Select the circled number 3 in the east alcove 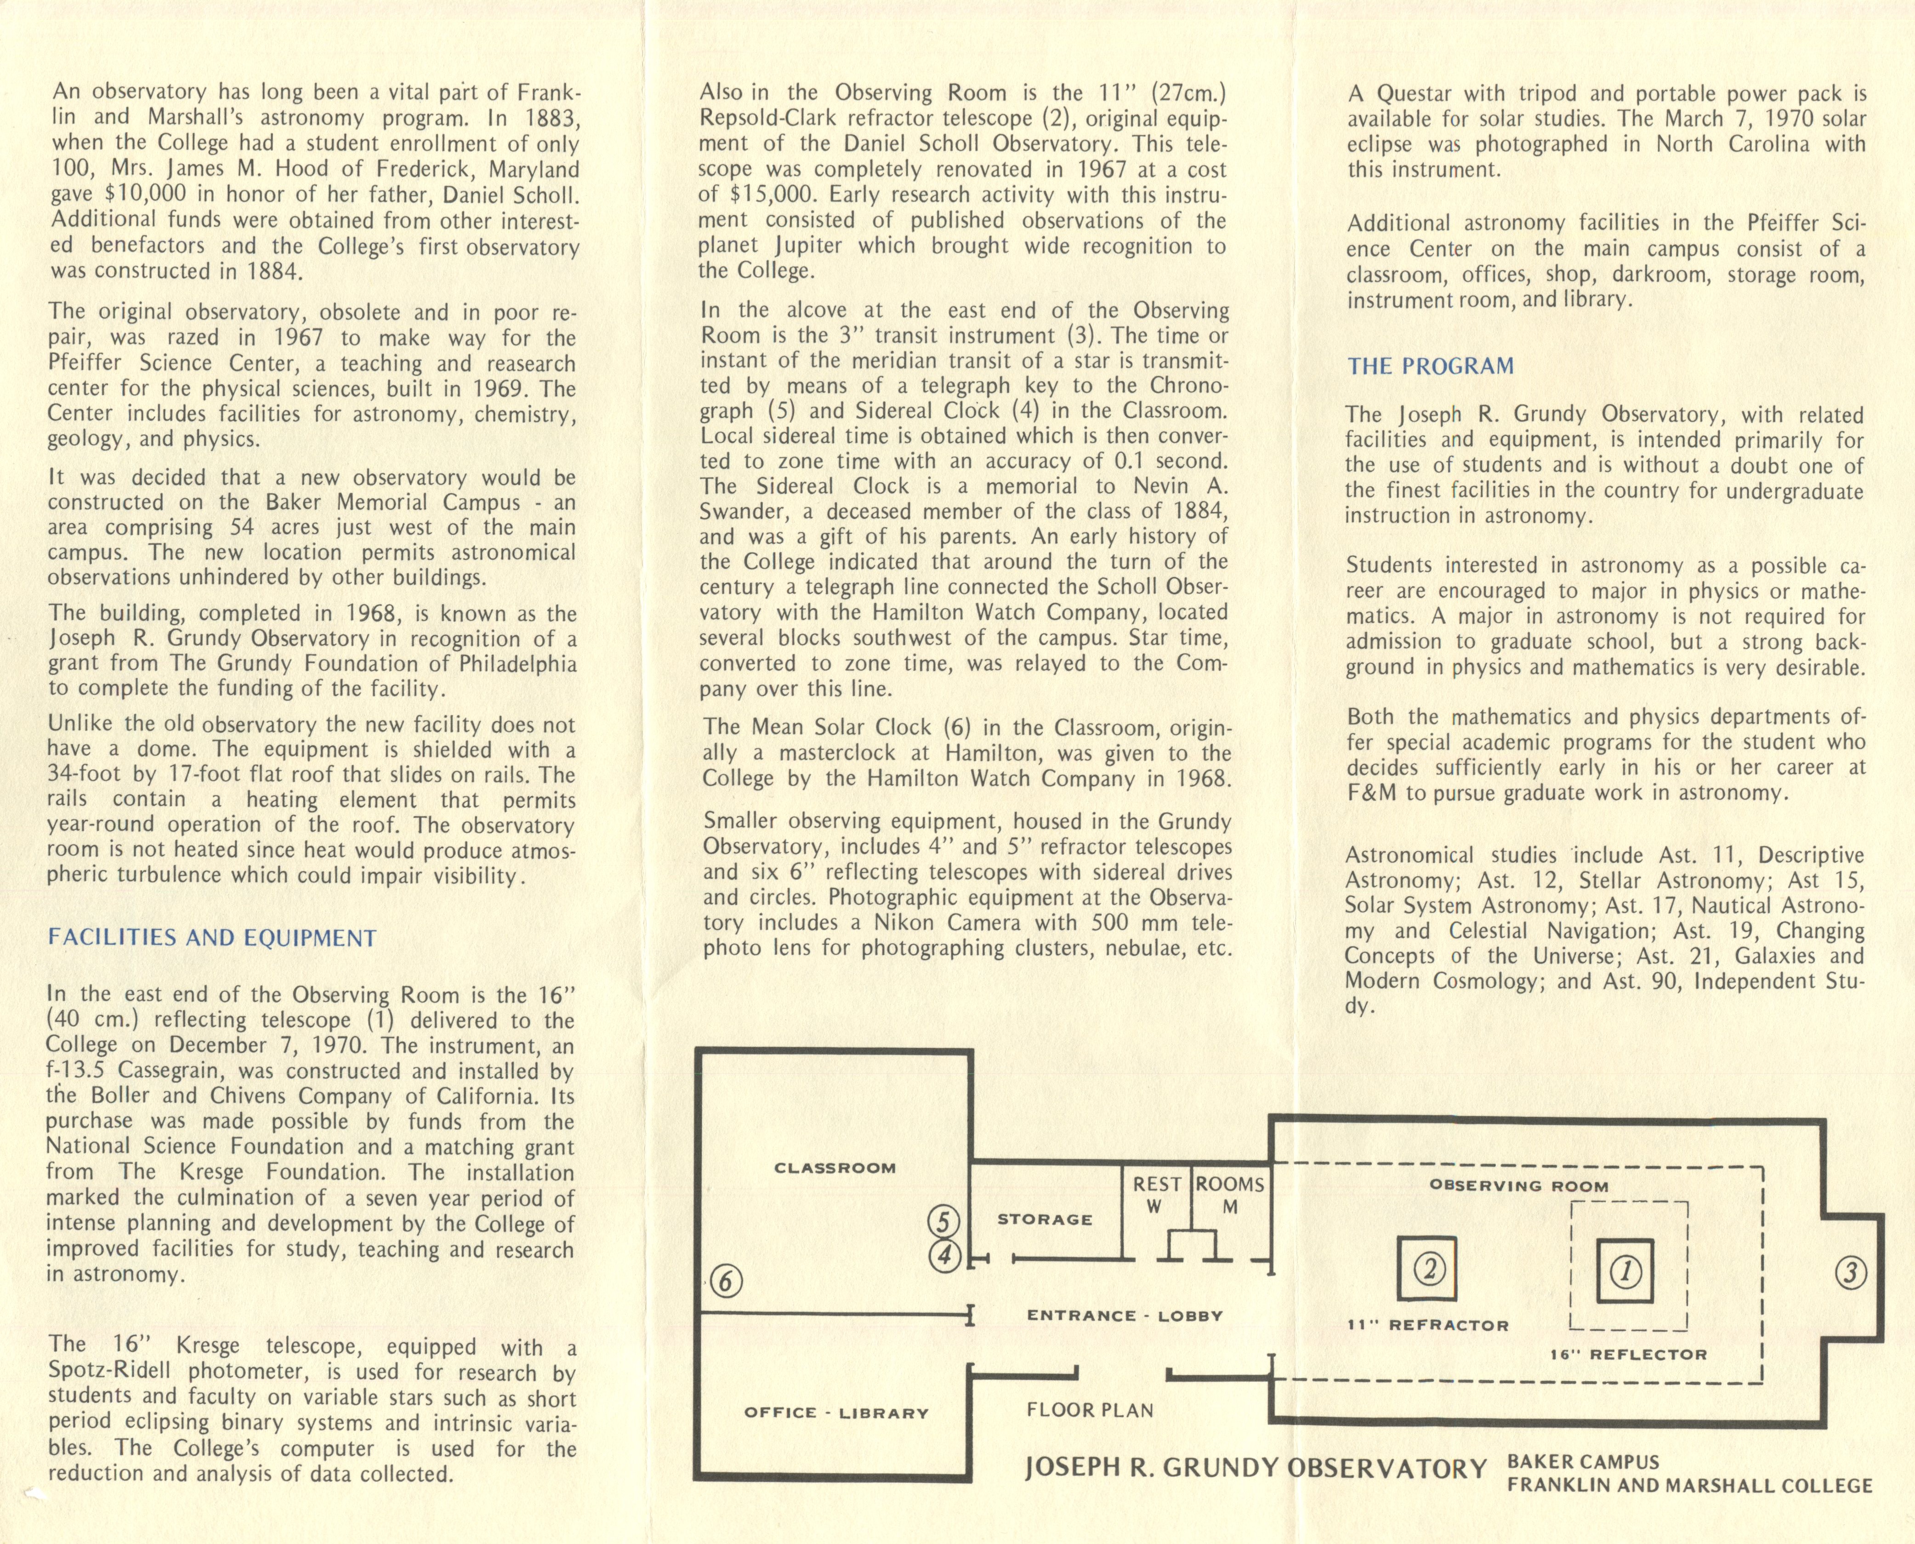(x=1851, y=1274)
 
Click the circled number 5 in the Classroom (x=944, y=1221)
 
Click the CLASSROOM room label (x=835, y=1168)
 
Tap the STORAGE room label (x=1045, y=1219)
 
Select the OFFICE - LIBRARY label (x=835, y=1413)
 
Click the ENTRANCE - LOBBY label (x=1125, y=1316)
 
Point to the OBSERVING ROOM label (x=1518, y=1185)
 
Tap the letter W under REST (x=1154, y=1207)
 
